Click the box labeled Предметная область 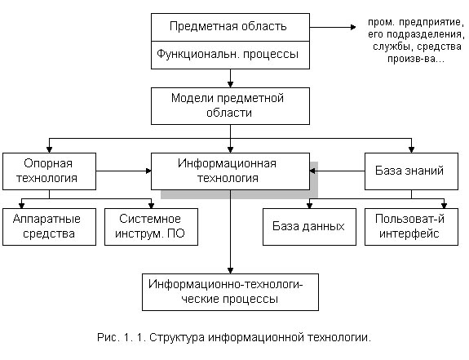click(230, 27)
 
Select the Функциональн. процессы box click(230, 55)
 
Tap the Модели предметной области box click(230, 106)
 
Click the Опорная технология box click(50, 171)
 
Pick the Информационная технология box click(230, 171)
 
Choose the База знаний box click(411, 171)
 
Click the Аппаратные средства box click(50, 227)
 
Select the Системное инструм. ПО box click(151, 227)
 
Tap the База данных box click(309, 227)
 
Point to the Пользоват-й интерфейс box click(411, 227)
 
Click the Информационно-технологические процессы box click(230, 292)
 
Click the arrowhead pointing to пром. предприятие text click(353, 27)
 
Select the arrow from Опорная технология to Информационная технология click(123, 171)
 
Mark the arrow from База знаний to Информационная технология click(337, 171)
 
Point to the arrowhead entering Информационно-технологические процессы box click(230, 270)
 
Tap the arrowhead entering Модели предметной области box click(230, 84)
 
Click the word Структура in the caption click(177, 338)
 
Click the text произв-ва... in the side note click(416, 59)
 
